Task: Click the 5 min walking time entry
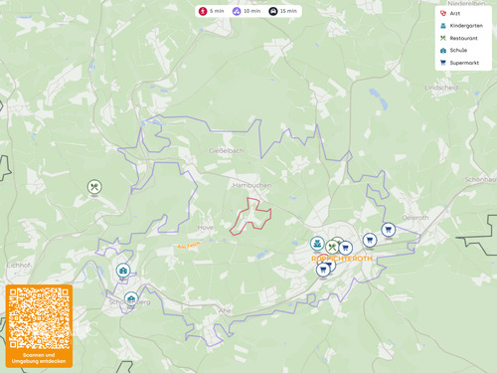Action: tap(212, 11)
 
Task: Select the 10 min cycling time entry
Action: tap(247, 11)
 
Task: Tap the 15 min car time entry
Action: tap(283, 11)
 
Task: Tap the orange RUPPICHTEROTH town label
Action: tap(342, 260)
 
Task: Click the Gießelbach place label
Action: tap(226, 150)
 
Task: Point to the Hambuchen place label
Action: tap(245, 185)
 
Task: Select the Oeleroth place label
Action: tap(415, 217)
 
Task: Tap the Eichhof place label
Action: tap(20, 265)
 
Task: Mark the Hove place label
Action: tap(207, 212)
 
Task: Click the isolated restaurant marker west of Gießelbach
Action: tap(94, 186)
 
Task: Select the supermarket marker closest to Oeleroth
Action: tap(388, 230)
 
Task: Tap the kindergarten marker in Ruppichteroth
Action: tap(317, 243)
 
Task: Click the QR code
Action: tap(39, 318)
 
